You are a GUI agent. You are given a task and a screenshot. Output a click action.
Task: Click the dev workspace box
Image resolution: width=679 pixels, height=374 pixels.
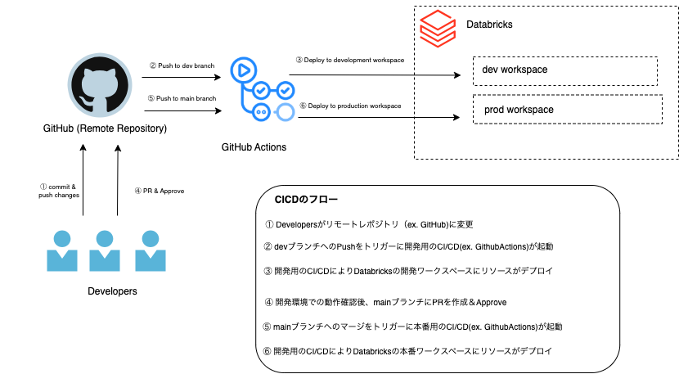(x=564, y=70)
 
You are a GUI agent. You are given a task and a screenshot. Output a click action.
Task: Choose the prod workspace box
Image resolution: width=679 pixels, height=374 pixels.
(x=564, y=110)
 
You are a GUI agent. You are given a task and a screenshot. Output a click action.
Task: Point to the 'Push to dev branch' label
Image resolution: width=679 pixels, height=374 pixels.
(x=182, y=65)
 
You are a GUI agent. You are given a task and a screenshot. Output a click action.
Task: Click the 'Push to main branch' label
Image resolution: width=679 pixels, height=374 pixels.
(x=182, y=98)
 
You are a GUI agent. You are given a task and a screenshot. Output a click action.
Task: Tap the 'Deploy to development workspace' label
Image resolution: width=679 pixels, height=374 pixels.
(x=349, y=60)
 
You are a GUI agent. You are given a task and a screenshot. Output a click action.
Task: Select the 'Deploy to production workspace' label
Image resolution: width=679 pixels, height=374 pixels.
(x=349, y=106)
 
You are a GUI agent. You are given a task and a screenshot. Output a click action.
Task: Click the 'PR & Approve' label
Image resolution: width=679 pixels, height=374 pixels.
(x=159, y=192)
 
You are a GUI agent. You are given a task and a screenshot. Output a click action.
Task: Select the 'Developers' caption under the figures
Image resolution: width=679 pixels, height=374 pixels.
(x=112, y=291)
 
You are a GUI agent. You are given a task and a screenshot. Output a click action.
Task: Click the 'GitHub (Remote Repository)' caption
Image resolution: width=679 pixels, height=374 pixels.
(x=105, y=128)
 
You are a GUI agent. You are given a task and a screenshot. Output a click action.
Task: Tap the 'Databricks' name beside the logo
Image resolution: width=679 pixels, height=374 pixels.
(x=489, y=25)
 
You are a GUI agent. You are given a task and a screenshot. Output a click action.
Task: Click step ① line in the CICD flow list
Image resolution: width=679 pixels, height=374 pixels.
(x=369, y=223)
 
